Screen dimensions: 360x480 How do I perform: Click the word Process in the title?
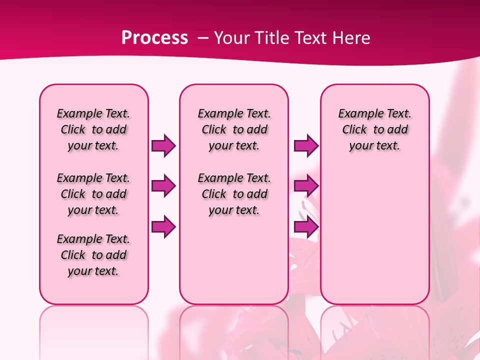click(154, 38)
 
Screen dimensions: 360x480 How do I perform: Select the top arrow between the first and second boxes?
click(163, 146)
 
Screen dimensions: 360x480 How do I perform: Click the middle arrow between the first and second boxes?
click(163, 186)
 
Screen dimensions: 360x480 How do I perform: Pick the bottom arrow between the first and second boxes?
click(163, 227)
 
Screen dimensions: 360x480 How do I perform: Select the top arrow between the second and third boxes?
click(306, 146)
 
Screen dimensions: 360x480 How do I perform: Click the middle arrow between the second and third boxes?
click(306, 186)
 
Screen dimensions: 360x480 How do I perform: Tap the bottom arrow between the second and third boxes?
click(306, 227)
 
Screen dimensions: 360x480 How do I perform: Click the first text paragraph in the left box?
click(93, 130)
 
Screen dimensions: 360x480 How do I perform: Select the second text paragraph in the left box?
click(93, 194)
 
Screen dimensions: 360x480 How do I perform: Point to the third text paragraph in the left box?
click(93, 255)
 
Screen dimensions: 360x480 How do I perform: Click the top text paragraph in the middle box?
click(234, 130)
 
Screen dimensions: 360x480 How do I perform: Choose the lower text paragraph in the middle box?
click(234, 194)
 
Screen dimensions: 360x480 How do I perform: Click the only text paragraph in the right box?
click(374, 130)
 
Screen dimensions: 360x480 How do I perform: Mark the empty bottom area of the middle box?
click(234, 265)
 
